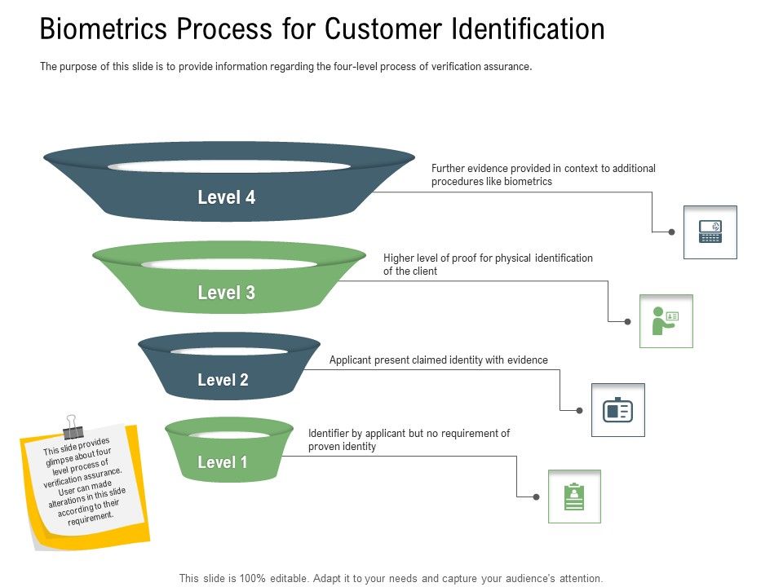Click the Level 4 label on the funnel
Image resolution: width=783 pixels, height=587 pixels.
tap(226, 197)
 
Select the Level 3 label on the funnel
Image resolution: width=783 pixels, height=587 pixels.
tap(226, 293)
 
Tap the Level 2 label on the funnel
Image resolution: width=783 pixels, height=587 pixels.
tap(222, 380)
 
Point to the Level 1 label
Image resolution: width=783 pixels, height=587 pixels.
tap(222, 462)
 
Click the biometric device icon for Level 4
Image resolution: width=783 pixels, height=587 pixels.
tap(710, 232)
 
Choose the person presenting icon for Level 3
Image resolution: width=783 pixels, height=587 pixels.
tap(666, 321)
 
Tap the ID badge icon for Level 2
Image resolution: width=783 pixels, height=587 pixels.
tap(617, 410)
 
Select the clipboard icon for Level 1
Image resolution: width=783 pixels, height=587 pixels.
tap(574, 496)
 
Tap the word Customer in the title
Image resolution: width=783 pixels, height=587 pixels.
tap(373, 29)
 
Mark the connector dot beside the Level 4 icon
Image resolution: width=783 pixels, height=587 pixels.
tap(671, 232)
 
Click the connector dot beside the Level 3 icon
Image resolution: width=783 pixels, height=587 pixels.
tap(627, 321)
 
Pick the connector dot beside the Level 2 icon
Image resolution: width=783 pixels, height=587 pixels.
tap(579, 410)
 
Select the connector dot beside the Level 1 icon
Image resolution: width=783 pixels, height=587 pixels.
tap(536, 496)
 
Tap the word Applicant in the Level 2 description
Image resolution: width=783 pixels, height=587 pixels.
tap(350, 360)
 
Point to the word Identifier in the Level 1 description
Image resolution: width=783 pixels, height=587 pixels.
tap(330, 433)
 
